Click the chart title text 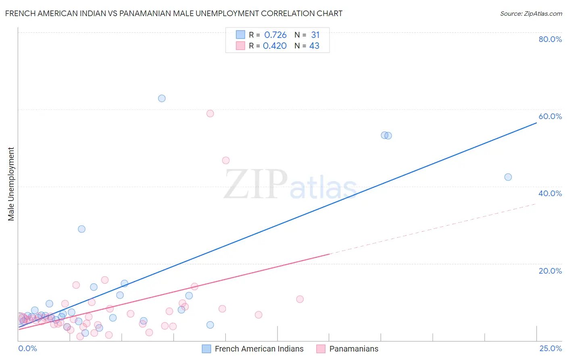pos(174,14)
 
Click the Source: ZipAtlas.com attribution pos(531,14)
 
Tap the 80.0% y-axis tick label pos(550,39)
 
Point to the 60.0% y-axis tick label pos(550,116)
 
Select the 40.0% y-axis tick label pos(550,193)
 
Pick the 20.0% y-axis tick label pos(550,271)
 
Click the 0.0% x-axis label pos(27,349)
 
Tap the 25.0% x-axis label pos(550,349)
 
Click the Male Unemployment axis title pos(11,184)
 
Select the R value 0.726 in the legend pos(275,35)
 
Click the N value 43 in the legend pos(314,46)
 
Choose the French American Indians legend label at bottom pos(259,349)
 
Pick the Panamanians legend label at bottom pos(354,349)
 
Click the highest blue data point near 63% pos(162,98)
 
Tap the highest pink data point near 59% pos(210,113)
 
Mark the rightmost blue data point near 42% pos(508,177)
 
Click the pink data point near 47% pos(226,161)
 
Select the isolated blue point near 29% pos(81,229)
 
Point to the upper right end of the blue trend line pos(536,122)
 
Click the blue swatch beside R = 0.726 pos(240,35)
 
